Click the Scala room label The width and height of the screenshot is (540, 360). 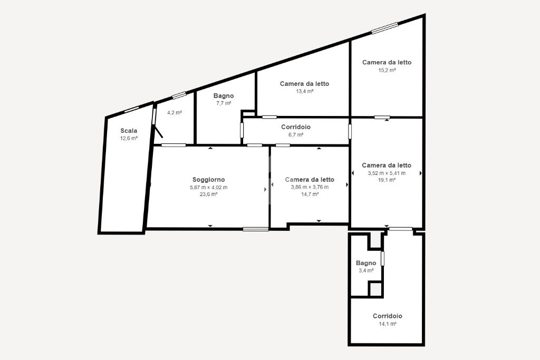[129, 131]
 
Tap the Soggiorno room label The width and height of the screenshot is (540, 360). [208, 180]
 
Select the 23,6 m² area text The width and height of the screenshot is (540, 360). [208, 194]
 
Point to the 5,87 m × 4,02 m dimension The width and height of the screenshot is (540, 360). [208, 188]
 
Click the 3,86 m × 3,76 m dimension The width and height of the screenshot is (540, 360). [310, 187]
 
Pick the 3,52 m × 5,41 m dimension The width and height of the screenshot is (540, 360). [387, 173]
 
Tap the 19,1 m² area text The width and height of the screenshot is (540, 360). [387, 180]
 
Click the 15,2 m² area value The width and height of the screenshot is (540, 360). [387, 70]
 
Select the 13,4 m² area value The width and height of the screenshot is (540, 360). [304, 92]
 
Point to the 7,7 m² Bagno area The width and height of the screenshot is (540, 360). [224, 103]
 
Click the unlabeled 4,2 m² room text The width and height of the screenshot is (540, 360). [174, 113]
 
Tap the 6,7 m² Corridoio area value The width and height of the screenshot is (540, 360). [296, 135]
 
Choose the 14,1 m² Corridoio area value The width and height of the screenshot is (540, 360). [388, 324]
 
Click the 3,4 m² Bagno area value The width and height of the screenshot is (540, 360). [366, 270]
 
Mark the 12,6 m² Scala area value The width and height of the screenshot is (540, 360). [129, 138]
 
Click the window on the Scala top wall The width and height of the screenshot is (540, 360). [131, 110]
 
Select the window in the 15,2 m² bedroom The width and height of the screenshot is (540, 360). [384, 28]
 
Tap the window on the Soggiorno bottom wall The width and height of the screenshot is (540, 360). [256, 229]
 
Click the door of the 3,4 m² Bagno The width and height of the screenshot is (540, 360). [382, 259]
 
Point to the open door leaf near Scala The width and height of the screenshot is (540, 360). [158, 132]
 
